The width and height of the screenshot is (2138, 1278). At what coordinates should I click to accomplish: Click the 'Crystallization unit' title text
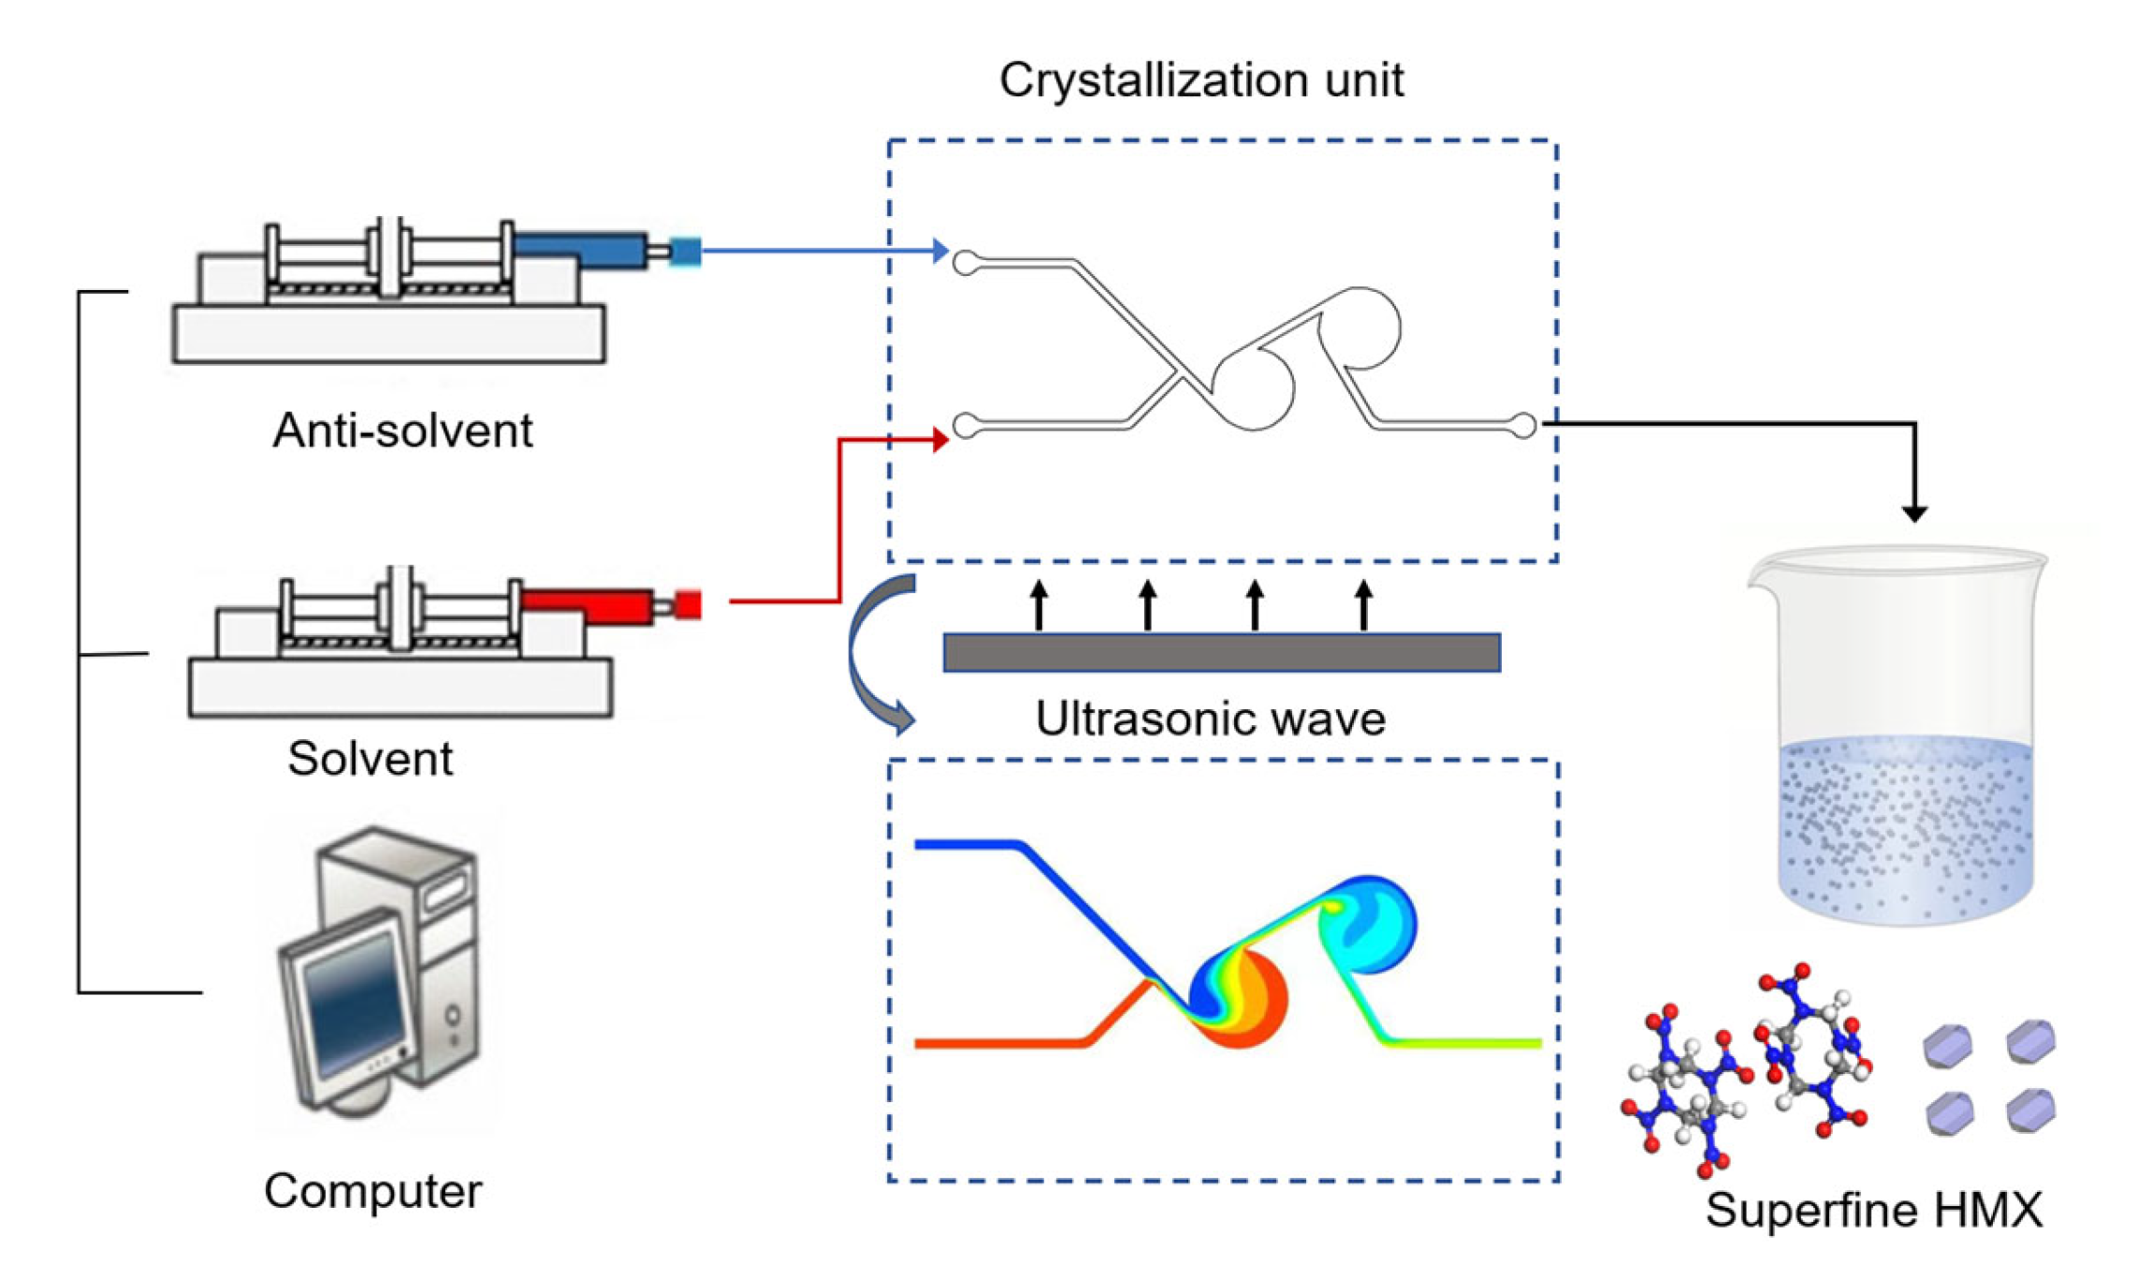pos(1200,80)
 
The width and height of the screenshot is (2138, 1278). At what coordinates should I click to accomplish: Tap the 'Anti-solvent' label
pos(402,431)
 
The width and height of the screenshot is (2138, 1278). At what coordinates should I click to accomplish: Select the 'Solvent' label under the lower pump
pos(370,758)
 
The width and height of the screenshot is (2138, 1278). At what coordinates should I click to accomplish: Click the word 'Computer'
pos(372,1191)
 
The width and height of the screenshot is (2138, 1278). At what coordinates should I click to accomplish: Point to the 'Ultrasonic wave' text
pos(1209,719)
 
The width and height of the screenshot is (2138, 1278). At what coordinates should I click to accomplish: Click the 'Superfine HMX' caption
pos(1873,1210)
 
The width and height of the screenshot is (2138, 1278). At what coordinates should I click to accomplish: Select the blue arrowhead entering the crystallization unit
pos(940,251)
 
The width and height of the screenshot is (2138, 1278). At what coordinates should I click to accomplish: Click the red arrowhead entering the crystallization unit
pos(940,440)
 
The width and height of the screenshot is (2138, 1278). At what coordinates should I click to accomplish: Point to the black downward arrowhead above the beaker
pos(1914,513)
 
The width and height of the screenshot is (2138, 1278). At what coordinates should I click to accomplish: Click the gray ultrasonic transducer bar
pos(1221,652)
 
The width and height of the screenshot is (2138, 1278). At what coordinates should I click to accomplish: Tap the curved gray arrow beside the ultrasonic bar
pos(870,655)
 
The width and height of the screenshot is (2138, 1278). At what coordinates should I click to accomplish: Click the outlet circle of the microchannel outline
pos(1523,426)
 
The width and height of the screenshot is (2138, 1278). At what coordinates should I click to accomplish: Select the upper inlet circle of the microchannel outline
pos(966,263)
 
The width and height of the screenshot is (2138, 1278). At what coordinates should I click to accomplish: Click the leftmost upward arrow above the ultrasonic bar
pos(1039,603)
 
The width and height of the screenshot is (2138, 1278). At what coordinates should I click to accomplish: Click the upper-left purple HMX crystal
pos(1948,1045)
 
